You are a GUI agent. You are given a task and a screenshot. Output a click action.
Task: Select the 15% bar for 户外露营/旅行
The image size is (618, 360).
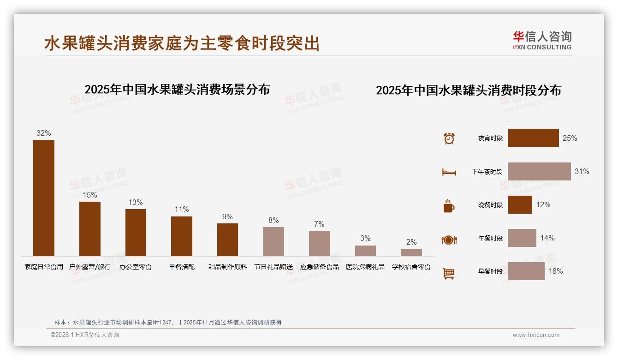(89, 228)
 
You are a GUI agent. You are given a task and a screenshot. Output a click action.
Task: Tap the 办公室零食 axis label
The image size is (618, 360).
(136, 267)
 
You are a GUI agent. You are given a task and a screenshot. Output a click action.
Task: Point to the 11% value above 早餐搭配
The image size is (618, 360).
(182, 210)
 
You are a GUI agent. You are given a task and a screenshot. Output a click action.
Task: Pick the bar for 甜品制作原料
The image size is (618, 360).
(227, 240)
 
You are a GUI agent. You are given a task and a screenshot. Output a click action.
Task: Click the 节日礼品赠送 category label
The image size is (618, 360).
(273, 267)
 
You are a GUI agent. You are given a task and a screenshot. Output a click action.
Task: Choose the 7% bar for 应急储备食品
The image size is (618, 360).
(319, 243)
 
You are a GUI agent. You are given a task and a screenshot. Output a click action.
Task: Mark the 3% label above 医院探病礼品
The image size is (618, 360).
(365, 239)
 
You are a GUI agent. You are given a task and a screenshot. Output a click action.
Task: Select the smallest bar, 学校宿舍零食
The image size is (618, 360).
(411, 252)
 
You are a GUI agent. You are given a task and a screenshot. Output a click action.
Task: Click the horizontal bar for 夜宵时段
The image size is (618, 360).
(533, 138)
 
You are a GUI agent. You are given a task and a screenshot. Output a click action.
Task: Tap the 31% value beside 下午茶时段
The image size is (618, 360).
(582, 172)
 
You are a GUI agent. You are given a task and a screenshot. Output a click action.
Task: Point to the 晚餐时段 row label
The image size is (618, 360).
(490, 205)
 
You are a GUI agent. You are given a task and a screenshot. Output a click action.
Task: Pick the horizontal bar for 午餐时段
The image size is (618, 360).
(522, 238)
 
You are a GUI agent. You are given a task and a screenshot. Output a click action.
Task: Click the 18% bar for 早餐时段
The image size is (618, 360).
(526, 271)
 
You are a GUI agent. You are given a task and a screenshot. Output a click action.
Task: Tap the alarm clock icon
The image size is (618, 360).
(449, 138)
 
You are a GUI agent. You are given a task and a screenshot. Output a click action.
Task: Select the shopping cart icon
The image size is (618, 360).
(449, 274)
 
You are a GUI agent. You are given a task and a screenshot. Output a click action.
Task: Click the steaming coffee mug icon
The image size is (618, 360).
(449, 206)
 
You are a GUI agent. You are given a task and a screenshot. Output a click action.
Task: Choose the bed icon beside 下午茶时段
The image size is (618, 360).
(449, 172)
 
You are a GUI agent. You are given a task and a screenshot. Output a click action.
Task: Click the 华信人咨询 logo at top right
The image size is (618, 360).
(542, 41)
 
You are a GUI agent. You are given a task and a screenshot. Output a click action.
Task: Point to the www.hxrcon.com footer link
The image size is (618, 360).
(536, 335)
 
